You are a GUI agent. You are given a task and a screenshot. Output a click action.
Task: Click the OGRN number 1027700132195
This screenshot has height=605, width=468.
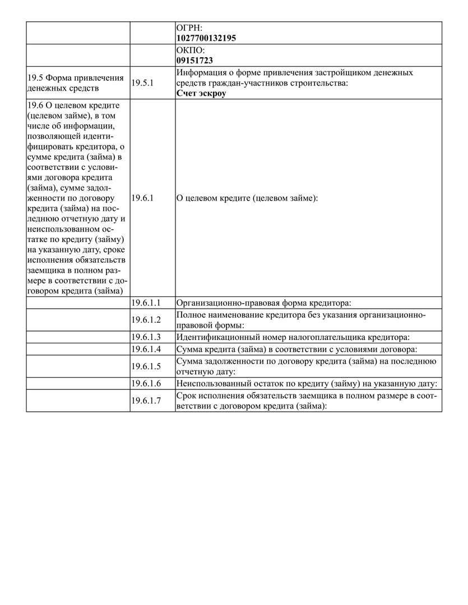point(205,38)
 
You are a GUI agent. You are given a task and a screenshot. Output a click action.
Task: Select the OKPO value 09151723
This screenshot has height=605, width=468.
point(194,60)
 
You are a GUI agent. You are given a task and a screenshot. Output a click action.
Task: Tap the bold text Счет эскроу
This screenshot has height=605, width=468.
point(201,93)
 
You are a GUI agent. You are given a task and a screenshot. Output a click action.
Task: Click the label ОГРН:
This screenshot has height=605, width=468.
point(189,27)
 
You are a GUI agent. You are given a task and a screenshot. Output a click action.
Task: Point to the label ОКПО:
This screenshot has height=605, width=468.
point(190,50)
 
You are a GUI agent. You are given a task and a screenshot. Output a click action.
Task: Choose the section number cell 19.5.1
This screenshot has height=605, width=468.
point(141,83)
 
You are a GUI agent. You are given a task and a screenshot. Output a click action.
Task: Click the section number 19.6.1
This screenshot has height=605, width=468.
point(141,198)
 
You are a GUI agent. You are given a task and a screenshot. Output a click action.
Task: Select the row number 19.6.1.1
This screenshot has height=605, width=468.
point(146,302)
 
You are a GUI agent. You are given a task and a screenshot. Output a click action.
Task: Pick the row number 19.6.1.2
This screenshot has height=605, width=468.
point(146,320)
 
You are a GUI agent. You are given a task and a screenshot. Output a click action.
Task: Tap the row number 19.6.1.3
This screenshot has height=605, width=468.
point(146,337)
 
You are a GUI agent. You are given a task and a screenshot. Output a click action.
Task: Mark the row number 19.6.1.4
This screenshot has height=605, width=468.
point(146,349)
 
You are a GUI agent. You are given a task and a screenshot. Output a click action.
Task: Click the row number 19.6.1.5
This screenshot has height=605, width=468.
point(146,366)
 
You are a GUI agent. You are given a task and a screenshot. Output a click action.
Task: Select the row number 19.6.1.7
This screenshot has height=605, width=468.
point(146,401)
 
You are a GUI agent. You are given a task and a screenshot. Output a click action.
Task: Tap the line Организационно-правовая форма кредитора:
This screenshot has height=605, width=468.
point(263,303)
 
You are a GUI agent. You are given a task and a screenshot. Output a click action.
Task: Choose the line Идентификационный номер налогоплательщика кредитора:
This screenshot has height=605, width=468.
point(293,337)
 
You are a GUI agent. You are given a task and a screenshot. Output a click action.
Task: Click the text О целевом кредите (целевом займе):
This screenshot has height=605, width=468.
point(247,198)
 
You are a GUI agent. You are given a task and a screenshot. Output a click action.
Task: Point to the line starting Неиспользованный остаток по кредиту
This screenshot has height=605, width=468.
point(306,384)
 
